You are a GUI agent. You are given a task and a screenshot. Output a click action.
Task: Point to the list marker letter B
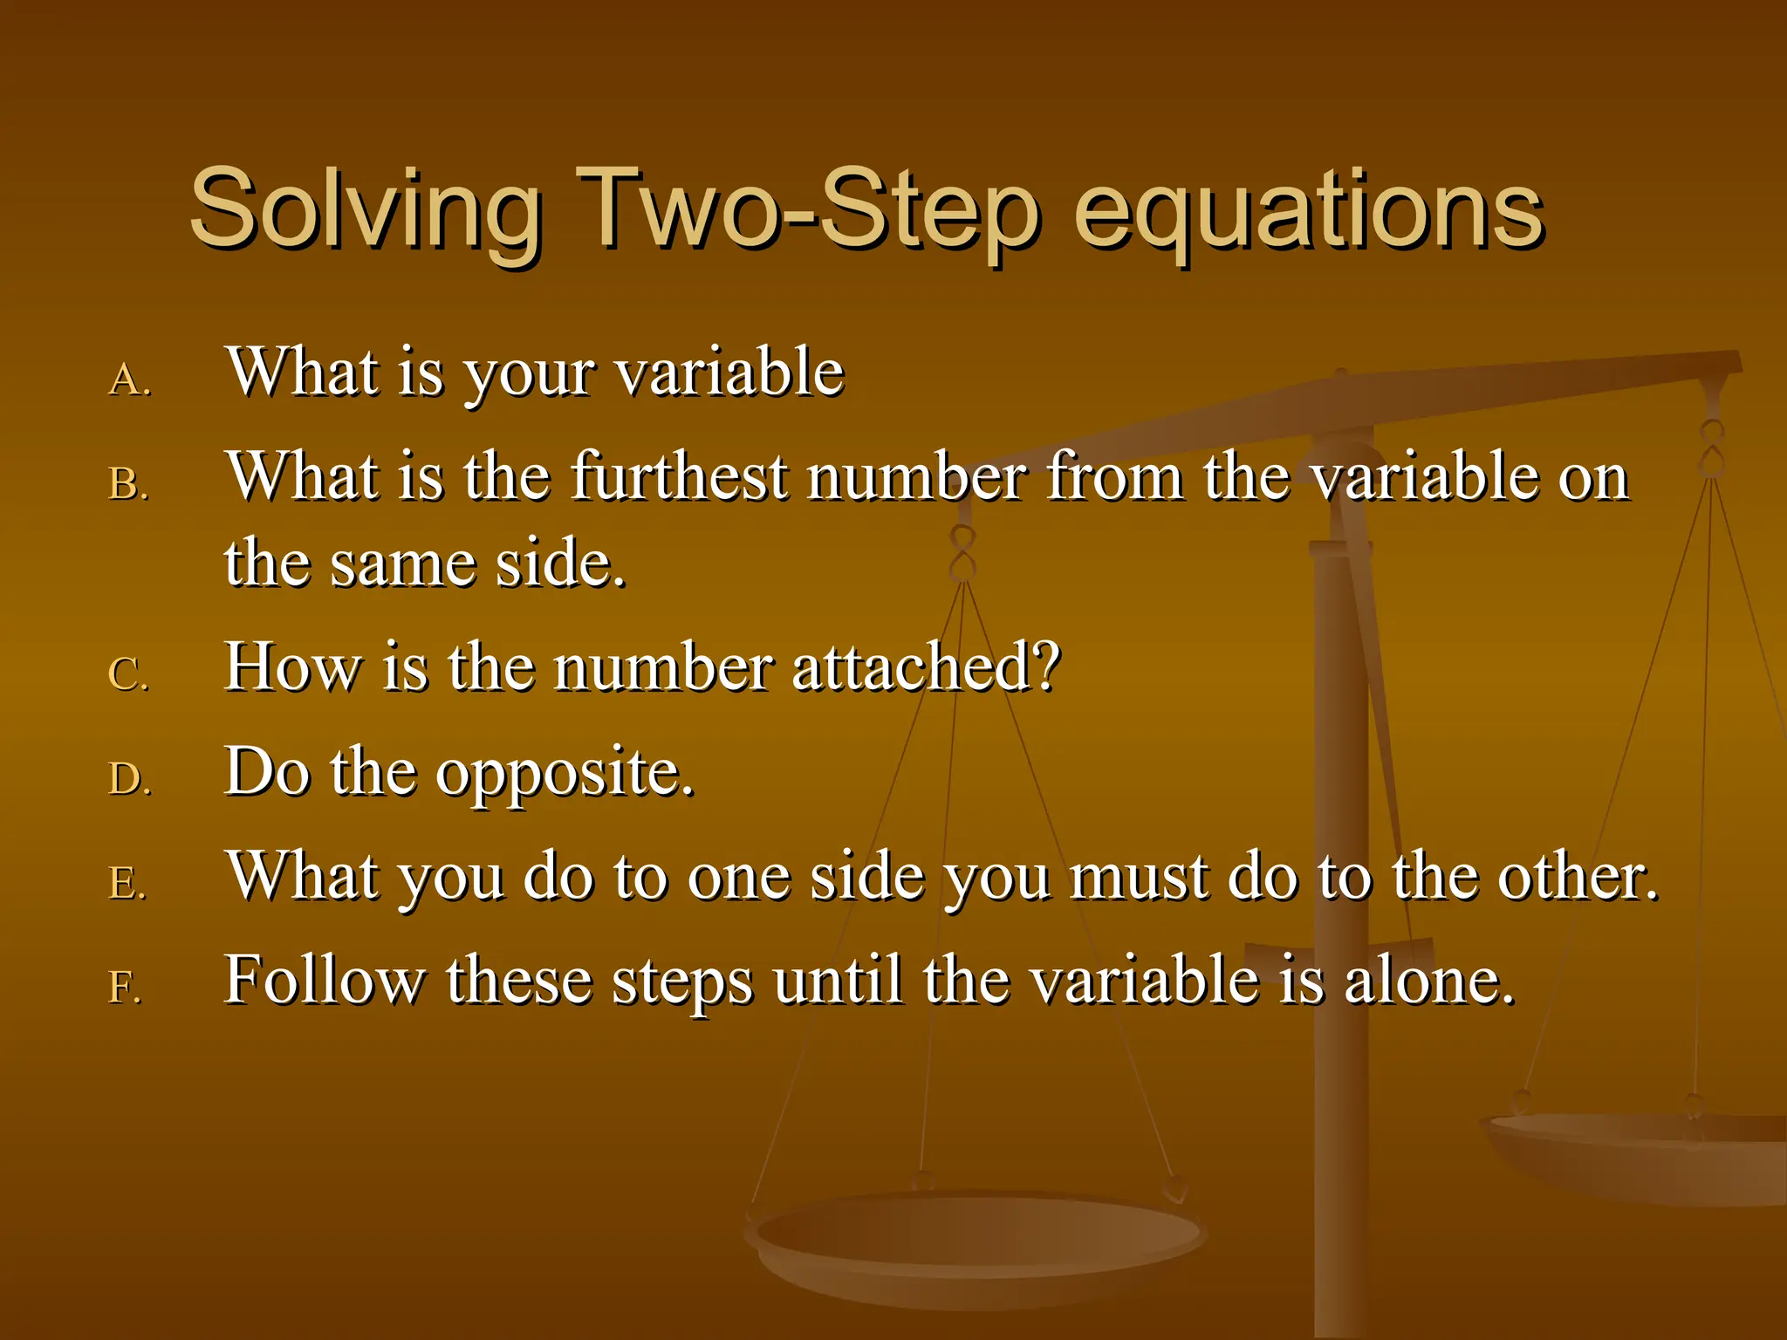[127, 485]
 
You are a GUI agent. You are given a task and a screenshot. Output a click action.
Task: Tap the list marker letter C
[127, 675]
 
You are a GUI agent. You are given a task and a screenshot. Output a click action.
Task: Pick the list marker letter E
[126, 884]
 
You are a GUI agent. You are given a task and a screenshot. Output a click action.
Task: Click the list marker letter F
[124, 988]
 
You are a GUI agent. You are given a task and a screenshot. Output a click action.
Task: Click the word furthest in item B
[680, 477]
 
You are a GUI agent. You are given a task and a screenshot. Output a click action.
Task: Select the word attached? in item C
[926, 667]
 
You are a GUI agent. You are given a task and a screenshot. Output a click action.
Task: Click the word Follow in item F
[323, 981]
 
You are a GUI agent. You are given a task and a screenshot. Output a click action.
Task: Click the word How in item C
[291, 667]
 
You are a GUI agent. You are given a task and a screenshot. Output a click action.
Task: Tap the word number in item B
[916, 477]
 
